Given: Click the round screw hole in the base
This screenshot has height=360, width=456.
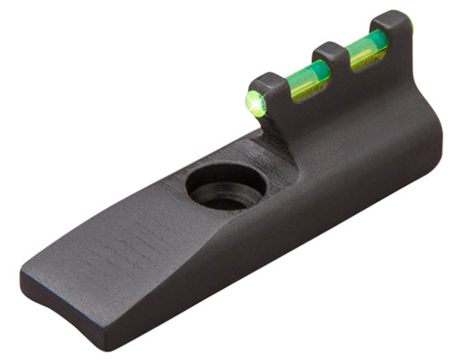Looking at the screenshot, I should point(226,187).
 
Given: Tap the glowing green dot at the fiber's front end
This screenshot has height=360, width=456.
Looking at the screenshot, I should point(255,104).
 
